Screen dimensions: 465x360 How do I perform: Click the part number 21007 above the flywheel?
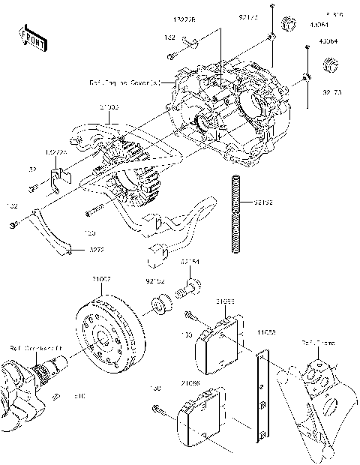pyautogui.click(x=102, y=278)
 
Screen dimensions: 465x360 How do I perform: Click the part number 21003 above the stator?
pyautogui.click(x=109, y=108)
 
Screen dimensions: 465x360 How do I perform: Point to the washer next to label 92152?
pyautogui.click(x=160, y=306)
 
